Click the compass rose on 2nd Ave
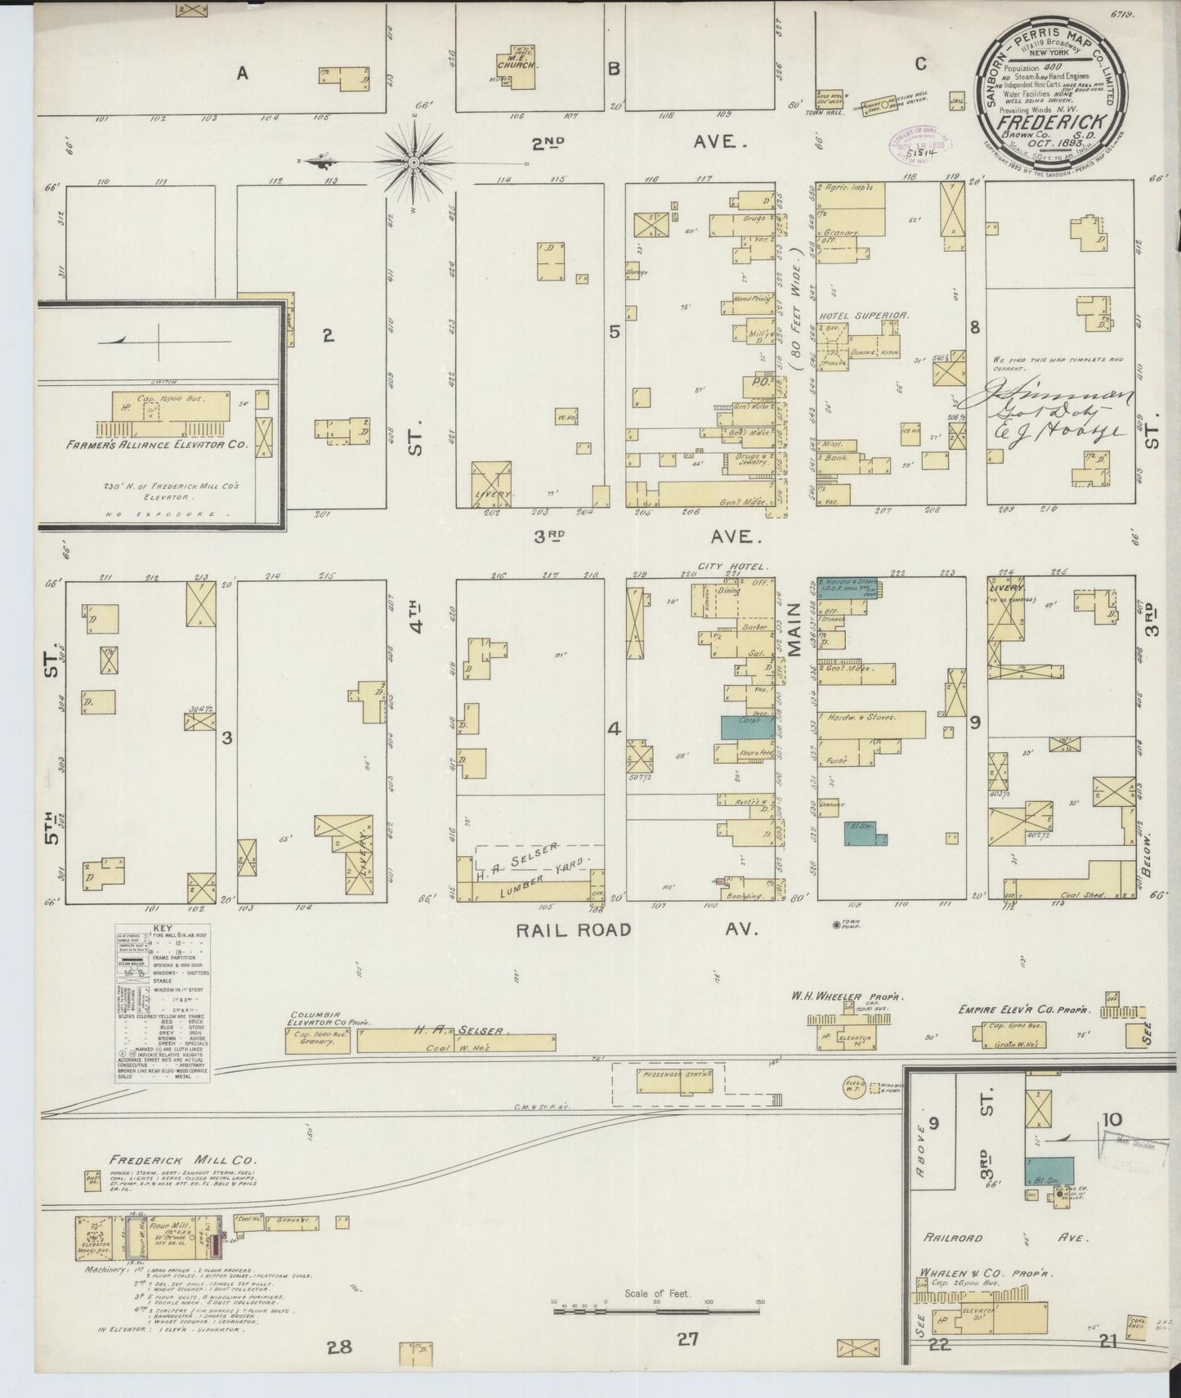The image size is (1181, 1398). (x=414, y=163)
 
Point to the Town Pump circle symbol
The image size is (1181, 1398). (x=835, y=925)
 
